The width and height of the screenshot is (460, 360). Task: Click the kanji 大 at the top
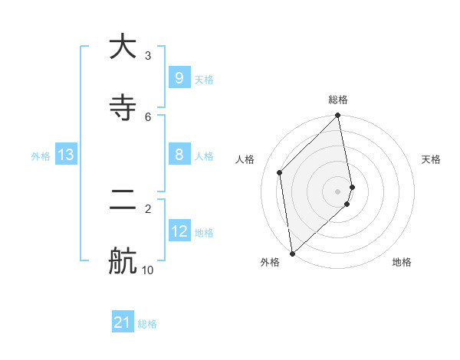[123, 47]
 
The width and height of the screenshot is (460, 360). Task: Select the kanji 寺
[123, 107]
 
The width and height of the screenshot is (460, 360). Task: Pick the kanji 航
[123, 260]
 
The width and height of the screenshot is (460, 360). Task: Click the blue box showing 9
[179, 78]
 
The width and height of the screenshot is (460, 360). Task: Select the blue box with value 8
[179, 155]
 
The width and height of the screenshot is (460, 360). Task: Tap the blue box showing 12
[179, 231]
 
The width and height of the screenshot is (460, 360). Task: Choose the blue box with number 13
[66, 155]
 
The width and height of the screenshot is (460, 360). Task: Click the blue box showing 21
[123, 323]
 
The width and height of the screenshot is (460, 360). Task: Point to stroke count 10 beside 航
[148, 270]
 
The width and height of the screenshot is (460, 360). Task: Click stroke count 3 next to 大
[148, 55]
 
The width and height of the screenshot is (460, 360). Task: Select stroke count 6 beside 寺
[148, 116]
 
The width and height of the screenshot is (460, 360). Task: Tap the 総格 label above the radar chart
[338, 100]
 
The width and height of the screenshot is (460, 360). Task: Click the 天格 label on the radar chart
[431, 159]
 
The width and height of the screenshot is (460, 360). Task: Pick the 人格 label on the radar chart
[245, 159]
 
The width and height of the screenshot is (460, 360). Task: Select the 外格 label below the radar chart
[269, 263]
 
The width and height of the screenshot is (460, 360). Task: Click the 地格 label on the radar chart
[402, 263]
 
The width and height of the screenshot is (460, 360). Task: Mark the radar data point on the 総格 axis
[338, 116]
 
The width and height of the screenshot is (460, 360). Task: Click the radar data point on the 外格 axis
[292, 253]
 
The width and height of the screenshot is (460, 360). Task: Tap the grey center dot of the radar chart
[338, 191]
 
